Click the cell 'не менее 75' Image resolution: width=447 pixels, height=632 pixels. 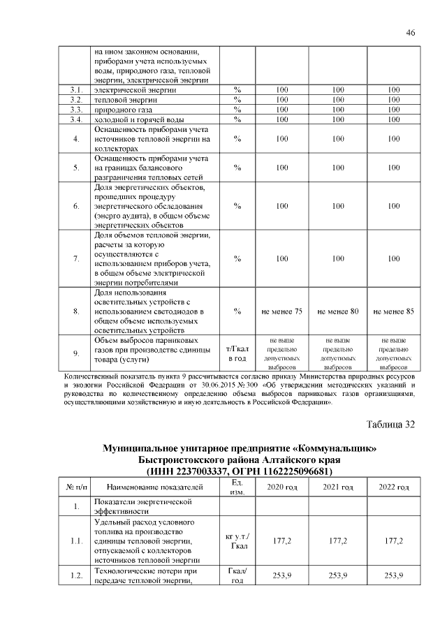click(x=281, y=311)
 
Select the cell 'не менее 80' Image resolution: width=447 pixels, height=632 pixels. click(x=337, y=311)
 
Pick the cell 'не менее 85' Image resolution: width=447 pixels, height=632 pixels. click(x=393, y=311)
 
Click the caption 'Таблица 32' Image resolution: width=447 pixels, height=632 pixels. click(x=390, y=425)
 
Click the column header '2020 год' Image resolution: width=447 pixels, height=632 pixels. click(x=281, y=486)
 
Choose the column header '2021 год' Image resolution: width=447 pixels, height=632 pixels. click(x=337, y=486)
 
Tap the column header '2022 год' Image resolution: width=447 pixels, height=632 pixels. click(x=393, y=486)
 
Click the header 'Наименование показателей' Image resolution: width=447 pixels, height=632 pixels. click(x=155, y=486)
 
